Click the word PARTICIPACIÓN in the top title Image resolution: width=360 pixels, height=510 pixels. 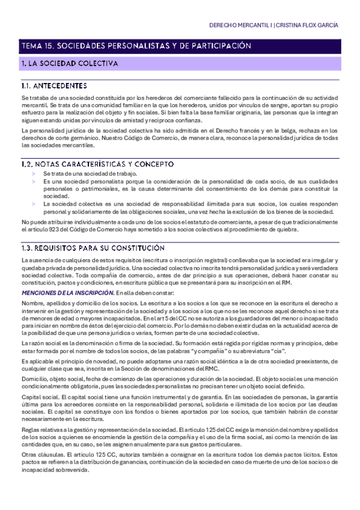(218, 46)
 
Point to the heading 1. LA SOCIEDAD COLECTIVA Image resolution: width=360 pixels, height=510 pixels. (70, 63)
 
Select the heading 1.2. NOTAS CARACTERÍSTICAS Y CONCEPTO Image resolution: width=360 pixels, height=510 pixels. (97, 164)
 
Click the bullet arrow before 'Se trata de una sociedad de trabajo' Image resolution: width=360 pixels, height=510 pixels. (33, 173)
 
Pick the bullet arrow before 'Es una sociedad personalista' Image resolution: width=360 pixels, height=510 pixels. (33, 181)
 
